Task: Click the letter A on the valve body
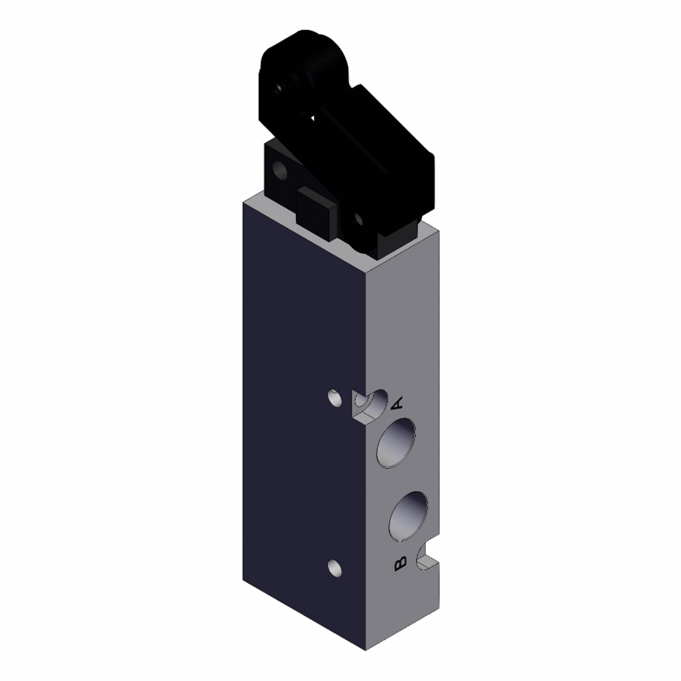click(397, 403)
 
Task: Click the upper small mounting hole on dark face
click(334, 398)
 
